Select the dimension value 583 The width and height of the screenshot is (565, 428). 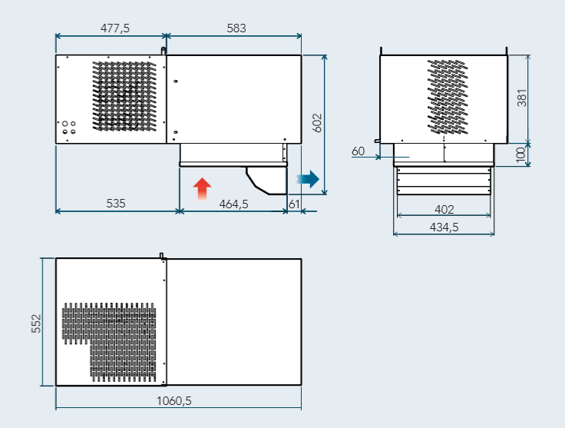pyautogui.click(x=236, y=28)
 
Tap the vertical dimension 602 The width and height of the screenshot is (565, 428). pyautogui.click(x=318, y=123)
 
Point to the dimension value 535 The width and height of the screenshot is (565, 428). pyautogui.click(x=115, y=204)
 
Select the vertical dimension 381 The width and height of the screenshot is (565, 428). pyautogui.click(x=522, y=98)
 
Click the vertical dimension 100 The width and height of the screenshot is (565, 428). pyautogui.click(x=522, y=154)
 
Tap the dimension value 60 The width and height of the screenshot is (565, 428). pyautogui.click(x=358, y=151)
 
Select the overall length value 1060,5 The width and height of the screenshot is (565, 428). pyautogui.click(x=174, y=400)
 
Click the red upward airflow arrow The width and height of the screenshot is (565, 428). pyautogui.click(x=201, y=188)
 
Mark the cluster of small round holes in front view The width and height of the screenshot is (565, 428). pyautogui.click(x=68, y=127)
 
